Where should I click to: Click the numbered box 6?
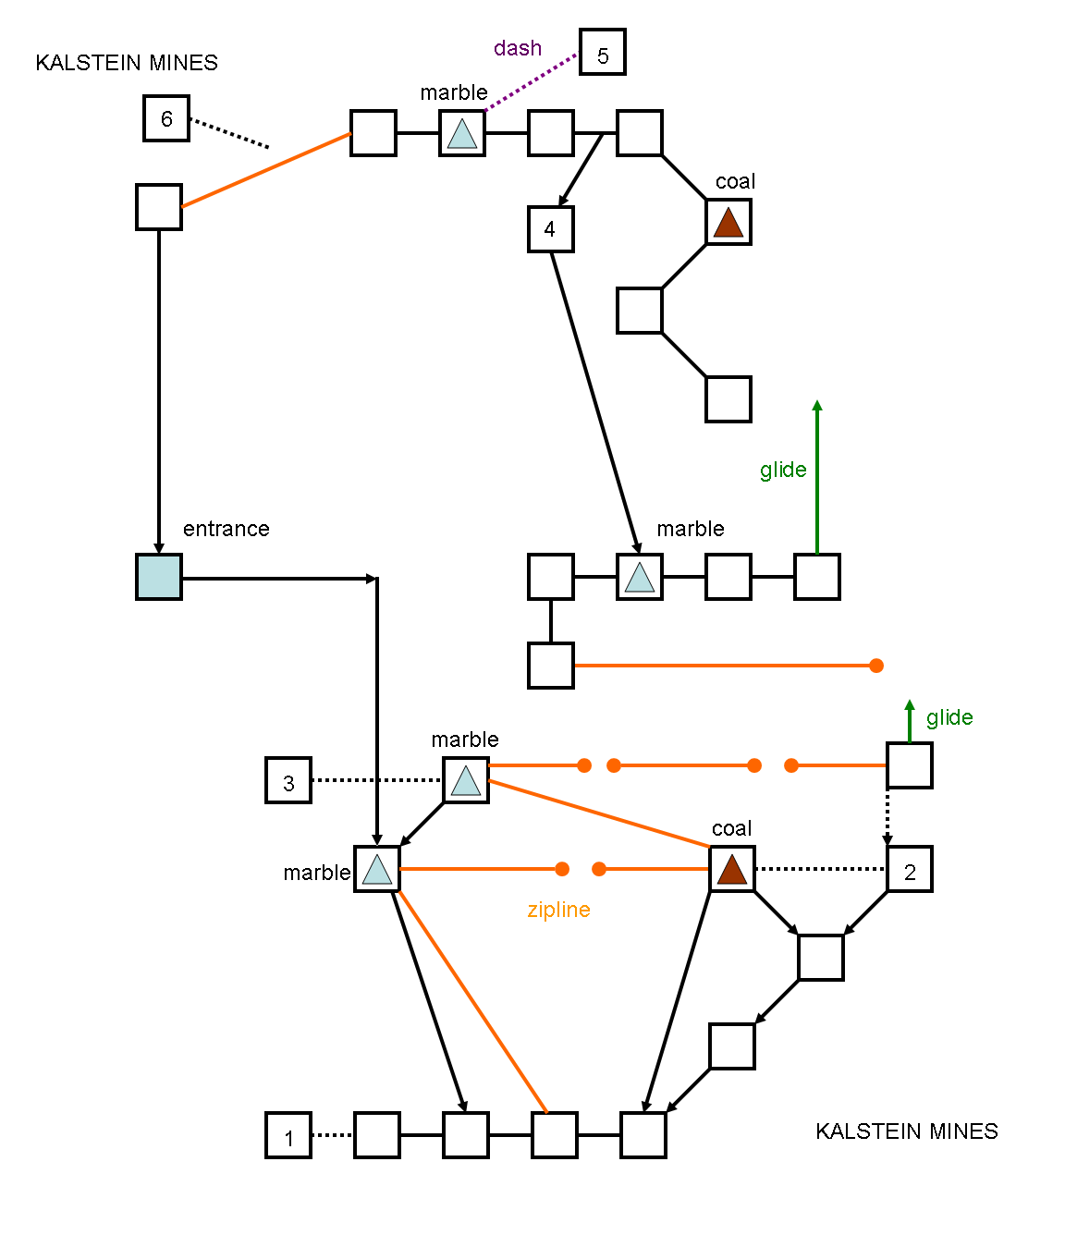(x=166, y=118)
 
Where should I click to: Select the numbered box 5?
(x=603, y=52)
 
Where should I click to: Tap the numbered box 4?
(x=551, y=229)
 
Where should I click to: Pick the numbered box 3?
(x=288, y=780)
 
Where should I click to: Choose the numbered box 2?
(x=910, y=869)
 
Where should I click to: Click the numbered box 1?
(x=288, y=1135)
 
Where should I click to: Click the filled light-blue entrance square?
(x=159, y=577)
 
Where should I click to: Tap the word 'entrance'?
(x=226, y=529)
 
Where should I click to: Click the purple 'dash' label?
(x=518, y=48)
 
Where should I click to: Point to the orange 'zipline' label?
(x=558, y=910)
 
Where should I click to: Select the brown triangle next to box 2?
(x=732, y=870)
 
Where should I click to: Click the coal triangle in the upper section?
(x=728, y=223)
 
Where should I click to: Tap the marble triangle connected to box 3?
(x=466, y=781)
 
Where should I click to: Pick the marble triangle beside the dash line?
(x=462, y=134)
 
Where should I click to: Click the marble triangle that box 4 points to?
(x=640, y=578)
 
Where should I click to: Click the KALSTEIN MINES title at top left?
(x=127, y=63)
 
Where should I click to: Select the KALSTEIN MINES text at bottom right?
(x=907, y=1131)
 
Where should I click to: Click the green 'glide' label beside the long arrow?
(x=783, y=470)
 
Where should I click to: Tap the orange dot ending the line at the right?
(x=876, y=666)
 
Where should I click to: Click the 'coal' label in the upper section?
(x=735, y=181)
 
